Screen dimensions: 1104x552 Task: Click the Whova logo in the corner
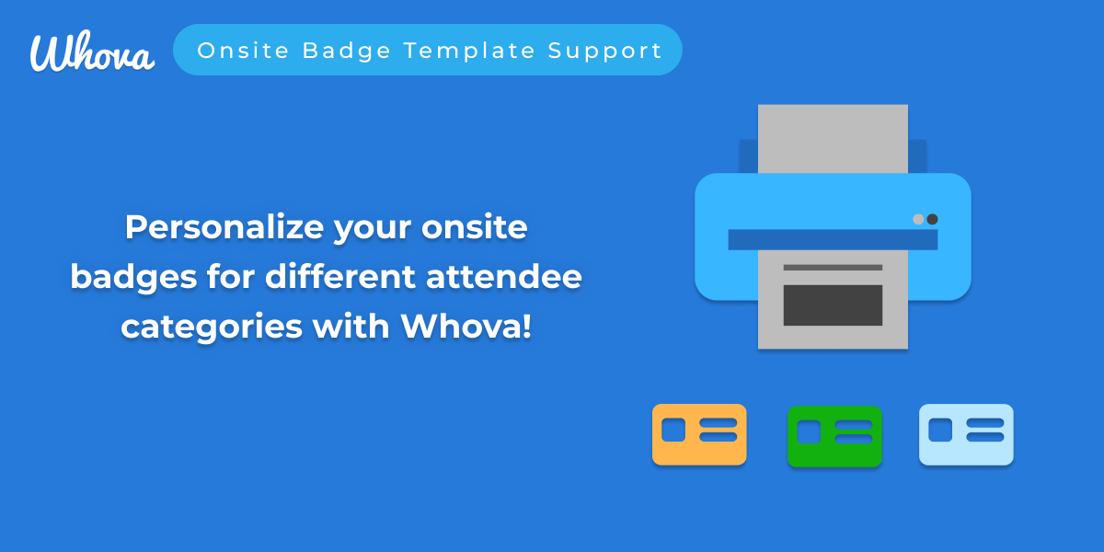coord(92,52)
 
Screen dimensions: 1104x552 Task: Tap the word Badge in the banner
coord(347,52)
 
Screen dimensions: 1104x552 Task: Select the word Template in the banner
coord(470,52)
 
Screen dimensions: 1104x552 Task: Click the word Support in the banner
coord(605,52)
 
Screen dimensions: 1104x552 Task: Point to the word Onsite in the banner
coord(243,51)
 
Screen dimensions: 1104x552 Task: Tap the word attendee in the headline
coord(504,277)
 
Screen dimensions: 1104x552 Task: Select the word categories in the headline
coord(212,328)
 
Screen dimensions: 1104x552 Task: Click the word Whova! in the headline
coord(466,326)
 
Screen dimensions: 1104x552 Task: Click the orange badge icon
coord(699,434)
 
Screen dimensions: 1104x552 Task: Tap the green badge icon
coord(834,436)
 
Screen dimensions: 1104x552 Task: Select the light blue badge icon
coord(966,434)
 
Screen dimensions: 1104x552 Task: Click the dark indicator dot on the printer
coord(932,219)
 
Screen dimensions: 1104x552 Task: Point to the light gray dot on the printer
coord(918,219)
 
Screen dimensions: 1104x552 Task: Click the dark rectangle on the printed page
coord(833,305)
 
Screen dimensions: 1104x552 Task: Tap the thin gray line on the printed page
coord(833,268)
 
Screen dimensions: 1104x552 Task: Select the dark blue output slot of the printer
coord(833,239)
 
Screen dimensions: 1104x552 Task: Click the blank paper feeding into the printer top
coord(833,139)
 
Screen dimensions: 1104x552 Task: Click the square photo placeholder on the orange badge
coord(673,430)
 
